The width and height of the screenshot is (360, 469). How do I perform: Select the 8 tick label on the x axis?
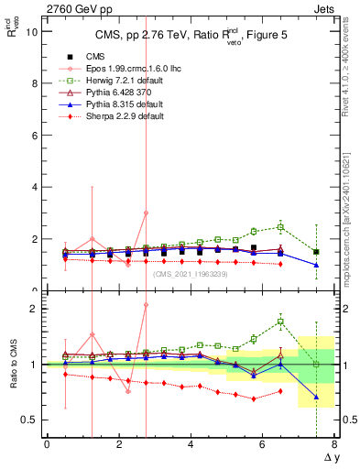[333, 443]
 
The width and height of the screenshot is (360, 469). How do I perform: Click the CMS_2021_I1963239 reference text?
[191, 274]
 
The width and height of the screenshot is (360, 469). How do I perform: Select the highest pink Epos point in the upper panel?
[146, 213]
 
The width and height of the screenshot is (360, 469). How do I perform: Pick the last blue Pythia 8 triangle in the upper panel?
[316, 265]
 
